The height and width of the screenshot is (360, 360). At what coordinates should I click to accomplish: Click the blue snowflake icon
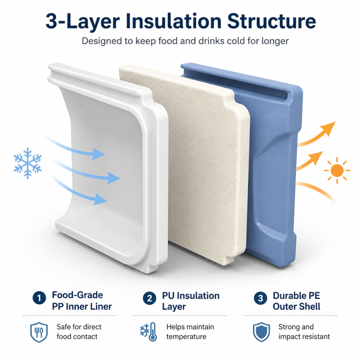pyautogui.click(x=28, y=163)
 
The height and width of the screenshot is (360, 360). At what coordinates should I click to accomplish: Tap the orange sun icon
pyautogui.click(x=337, y=171)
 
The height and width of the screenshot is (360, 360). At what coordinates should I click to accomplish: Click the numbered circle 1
pyautogui.click(x=39, y=298)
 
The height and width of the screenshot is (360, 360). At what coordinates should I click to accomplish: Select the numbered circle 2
pyautogui.click(x=149, y=298)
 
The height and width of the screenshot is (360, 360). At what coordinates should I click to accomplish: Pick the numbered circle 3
pyautogui.click(x=260, y=298)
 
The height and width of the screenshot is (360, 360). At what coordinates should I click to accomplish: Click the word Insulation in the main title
pyautogui.click(x=174, y=21)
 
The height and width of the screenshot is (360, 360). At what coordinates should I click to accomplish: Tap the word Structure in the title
pyautogui.click(x=271, y=21)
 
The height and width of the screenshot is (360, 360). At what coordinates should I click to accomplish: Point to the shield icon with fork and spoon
pyautogui.click(x=39, y=332)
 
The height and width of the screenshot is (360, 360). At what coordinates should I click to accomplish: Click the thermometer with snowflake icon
pyautogui.click(x=149, y=332)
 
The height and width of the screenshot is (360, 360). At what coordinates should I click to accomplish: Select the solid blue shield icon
pyautogui.click(x=261, y=332)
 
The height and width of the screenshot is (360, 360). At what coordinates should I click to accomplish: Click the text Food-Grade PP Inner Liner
pyautogui.click(x=82, y=301)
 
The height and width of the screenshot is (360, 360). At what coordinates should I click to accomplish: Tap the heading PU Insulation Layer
pyautogui.click(x=191, y=301)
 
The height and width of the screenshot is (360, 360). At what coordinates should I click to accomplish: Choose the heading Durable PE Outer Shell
pyautogui.click(x=296, y=301)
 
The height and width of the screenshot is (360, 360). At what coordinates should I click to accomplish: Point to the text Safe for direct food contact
pyautogui.click(x=79, y=332)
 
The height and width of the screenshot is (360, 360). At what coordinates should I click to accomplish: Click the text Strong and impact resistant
pyautogui.click(x=304, y=332)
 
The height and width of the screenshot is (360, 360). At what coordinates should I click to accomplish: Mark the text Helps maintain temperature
pyautogui.click(x=190, y=332)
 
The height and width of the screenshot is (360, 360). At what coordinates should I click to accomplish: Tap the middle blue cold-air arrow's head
pyautogui.click(x=114, y=178)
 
